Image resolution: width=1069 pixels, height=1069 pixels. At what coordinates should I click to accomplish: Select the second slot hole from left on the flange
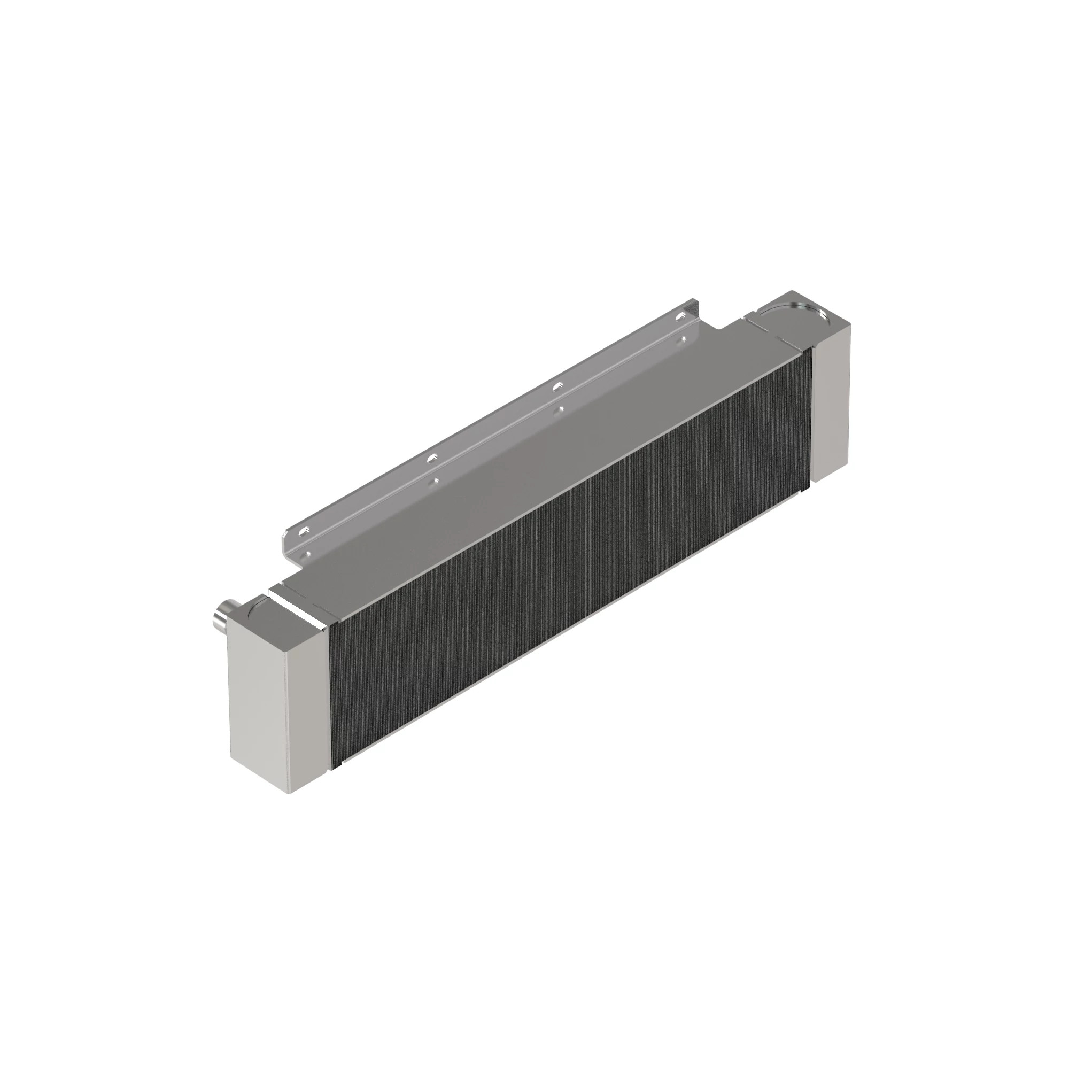coord(432,457)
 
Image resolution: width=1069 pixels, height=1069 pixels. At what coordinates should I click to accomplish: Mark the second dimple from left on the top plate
coord(437,481)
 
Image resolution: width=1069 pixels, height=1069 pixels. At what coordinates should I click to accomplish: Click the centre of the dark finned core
coord(570,553)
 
